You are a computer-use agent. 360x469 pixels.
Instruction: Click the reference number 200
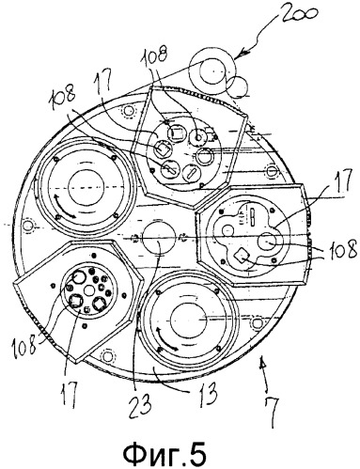click(298, 19)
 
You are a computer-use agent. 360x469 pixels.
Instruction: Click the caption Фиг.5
click(165, 452)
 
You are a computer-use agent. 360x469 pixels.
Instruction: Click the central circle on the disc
click(158, 237)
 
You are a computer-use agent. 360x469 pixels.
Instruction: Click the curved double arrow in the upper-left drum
click(64, 207)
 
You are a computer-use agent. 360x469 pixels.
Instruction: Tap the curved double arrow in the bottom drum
click(167, 339)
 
